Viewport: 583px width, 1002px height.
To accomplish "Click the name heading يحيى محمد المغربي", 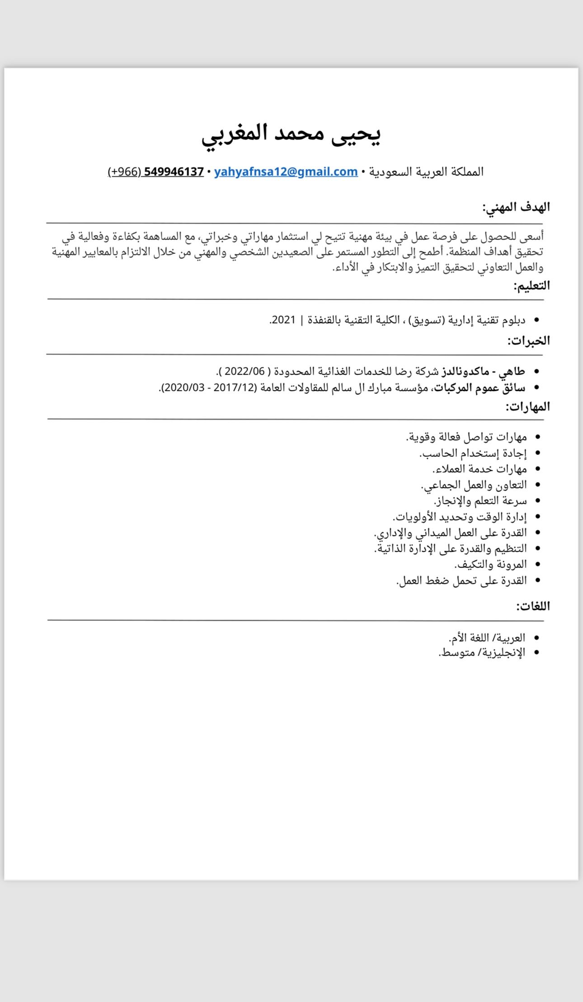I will (x=291, y=134).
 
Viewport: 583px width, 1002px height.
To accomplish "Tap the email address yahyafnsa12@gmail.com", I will (x=286, y=172).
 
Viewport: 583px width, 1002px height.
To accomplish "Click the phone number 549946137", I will (x=174, y=172).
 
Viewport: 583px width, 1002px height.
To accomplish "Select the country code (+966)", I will (x=124, y=172).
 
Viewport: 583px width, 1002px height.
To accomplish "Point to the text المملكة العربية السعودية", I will (x=426, y=172).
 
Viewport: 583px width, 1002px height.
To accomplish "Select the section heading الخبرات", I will (x=528, y=341).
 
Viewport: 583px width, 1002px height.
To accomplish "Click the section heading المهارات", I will (x=527, y=407).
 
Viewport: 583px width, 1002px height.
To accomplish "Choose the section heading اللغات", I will (x=533, y=606).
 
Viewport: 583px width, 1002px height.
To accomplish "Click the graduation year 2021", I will (x=284, y=320).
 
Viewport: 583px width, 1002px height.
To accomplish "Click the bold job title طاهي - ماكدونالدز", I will (x=483, y=371).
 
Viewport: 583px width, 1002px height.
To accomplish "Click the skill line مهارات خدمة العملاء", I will (x=480, y=469).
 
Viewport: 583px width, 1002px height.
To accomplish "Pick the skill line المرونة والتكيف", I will (x=491, y=564).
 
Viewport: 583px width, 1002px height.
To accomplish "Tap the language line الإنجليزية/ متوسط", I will (x=482, y=653).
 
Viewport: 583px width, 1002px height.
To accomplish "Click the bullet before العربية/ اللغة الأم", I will (x=537, y=638).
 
